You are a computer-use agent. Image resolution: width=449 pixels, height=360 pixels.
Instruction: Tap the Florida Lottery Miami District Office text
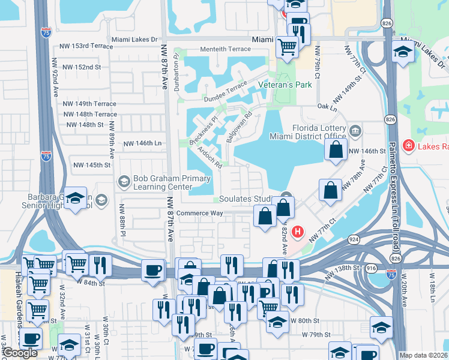(x=319, y=133)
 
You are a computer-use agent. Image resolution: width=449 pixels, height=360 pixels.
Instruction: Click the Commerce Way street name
(x=200, y=213)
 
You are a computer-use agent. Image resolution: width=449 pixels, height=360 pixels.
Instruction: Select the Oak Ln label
(x=327, y=107)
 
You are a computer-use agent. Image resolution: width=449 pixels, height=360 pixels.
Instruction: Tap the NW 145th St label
(x=92, y=164)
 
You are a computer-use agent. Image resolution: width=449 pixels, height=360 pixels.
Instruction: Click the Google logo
(x=20, y=353)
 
